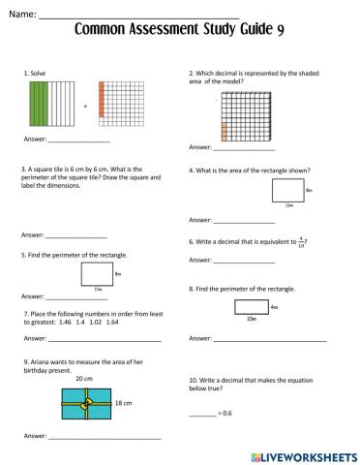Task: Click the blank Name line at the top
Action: click(x=135, y=15)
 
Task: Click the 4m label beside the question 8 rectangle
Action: click(x=275, y=306)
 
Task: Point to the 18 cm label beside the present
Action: click(x=123, y=401)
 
